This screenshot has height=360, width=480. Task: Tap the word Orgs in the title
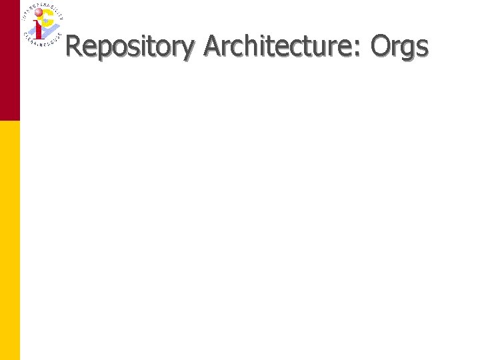coord(399,46)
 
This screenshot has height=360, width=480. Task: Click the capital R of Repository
coord(74,46)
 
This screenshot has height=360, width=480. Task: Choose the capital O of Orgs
coord(379,46)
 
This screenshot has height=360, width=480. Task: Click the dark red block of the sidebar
coord(10,60)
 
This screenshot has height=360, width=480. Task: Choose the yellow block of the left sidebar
coord(10,240)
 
